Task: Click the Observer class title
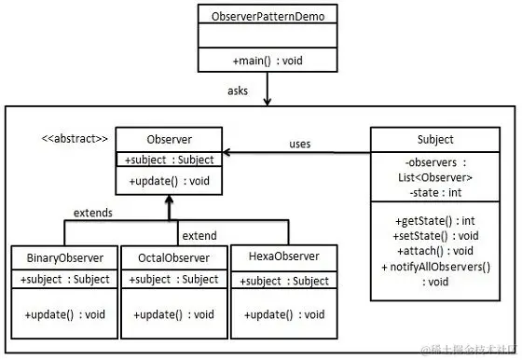169,138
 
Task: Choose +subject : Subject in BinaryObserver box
64,279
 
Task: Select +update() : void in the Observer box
169,180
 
